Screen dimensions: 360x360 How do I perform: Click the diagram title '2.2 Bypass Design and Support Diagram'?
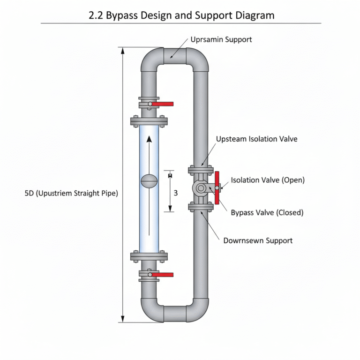pyautogui.click(x=181, y=15)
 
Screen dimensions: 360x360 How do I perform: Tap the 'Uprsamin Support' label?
pyautogui.click(x=221, y=40)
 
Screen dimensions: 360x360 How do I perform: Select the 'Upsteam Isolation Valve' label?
pyautogui.click(x=256, y=139)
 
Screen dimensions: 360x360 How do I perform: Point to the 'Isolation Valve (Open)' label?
pyautogui.click(x=268, y=180)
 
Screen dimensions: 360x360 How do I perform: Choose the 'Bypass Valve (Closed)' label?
pyautogui.click(x=267, y=212)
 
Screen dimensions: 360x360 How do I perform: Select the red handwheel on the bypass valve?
pyautogui.click(x=217, y=187)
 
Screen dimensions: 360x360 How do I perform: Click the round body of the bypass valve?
pyautogui.click(x=201, y=188)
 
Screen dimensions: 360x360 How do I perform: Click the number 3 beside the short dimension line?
pyautogui.click(x=176, y=193)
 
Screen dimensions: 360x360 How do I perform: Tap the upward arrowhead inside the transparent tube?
pyautogui.click(x=149, y=139)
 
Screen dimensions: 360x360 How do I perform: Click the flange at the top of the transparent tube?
pyautogui.click(x=149, y=121)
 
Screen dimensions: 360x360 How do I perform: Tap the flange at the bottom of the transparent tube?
pyautogui.click(x=149, y=256)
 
